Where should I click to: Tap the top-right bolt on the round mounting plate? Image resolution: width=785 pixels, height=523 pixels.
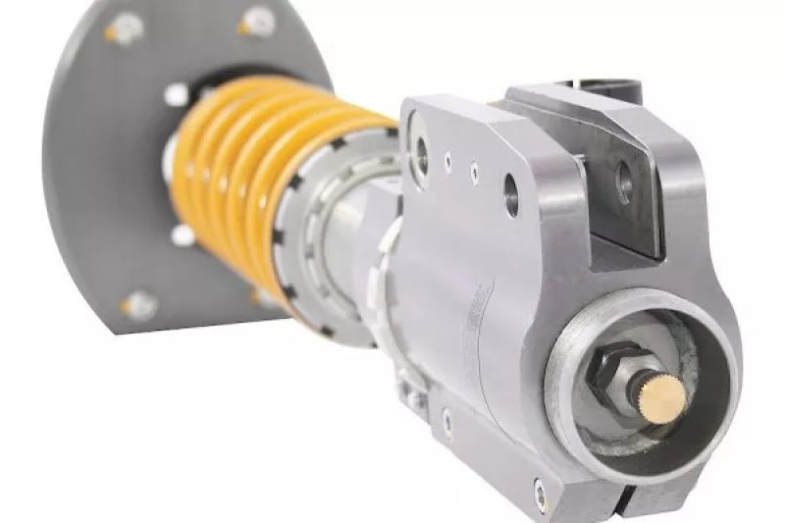tap(257, 20)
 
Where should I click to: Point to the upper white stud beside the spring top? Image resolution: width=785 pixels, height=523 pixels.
tap(177, 94)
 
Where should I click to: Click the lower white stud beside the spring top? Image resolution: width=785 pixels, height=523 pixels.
tap(183, 235)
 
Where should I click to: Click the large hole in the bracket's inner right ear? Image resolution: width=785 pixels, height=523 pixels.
tap(623, 182)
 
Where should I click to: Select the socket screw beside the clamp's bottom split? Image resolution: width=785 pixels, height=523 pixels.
tap(541, 488)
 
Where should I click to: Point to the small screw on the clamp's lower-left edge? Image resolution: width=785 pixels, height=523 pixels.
tap(448, 423)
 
